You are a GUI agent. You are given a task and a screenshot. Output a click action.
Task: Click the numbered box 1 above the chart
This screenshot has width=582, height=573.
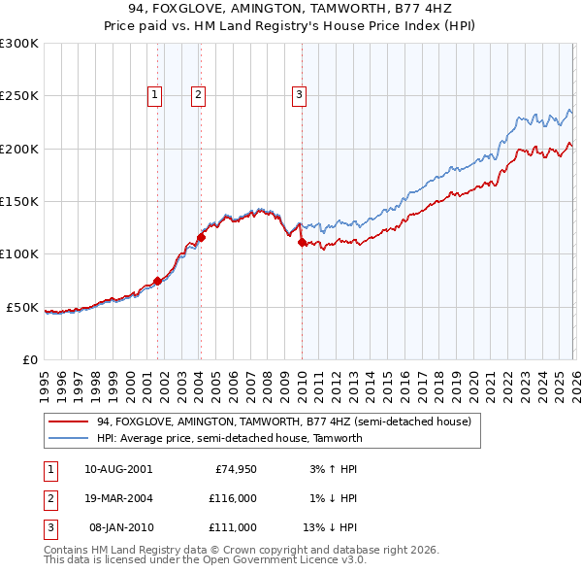pos(155,94)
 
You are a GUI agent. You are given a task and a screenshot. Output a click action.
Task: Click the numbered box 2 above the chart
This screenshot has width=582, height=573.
pos(198,94)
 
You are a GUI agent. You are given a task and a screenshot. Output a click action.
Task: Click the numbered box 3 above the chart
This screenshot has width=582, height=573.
pos(299,94)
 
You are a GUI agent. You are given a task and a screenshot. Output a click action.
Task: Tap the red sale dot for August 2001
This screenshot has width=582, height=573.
pos(157,281)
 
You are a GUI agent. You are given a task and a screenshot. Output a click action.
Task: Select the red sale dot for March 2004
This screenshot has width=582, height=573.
pos(202,236)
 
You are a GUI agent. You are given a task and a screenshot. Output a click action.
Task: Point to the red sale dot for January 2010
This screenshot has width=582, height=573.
pos(302,242)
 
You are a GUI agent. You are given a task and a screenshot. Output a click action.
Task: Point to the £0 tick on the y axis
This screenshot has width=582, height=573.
pos(29,359)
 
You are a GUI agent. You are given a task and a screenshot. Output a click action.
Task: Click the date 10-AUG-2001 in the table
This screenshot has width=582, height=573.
pos(118,469)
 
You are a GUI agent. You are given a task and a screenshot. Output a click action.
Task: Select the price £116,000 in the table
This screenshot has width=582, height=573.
pos(233,498)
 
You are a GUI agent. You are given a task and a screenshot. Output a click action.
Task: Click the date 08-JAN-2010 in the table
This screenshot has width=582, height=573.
pos(120,527)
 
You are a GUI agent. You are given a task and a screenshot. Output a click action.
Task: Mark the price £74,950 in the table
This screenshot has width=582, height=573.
pos(236,469)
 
